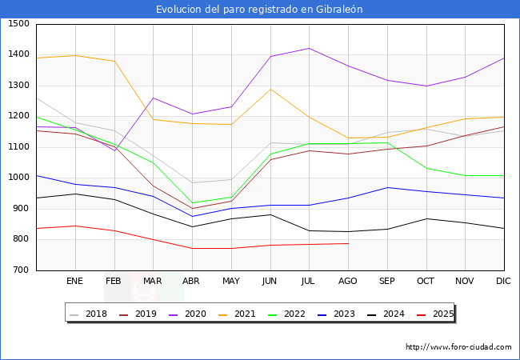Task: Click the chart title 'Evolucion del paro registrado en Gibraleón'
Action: pos(259,10)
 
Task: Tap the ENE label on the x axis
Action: pos(75,281)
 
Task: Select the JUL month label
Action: pos(309,281)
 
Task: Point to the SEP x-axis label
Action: pos(387,281)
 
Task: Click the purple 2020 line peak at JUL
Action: pos(309,48)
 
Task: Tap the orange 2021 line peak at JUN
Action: pos(270,89)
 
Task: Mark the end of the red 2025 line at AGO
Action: pos(348,243)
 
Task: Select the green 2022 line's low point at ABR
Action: pos(192,203)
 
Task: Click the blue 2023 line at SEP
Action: pos(387,187)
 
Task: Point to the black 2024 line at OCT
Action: pos(426,218)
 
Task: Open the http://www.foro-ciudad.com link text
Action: pos(458,347)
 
